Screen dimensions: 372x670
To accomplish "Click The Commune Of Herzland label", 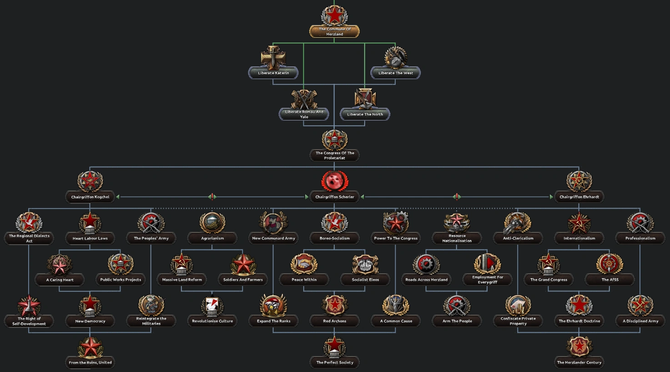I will (x=334, y=31).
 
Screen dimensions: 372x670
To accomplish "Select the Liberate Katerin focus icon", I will (x=273, y=57).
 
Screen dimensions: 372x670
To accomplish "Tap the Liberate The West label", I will (x=396, y=73).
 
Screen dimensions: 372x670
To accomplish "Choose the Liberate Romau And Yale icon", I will (x=304, y=99).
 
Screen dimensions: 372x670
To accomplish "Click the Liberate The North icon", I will (x=365, y=99).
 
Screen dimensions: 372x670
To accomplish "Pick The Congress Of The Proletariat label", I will (x=335, y=156).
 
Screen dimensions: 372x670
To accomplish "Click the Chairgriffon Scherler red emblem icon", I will (x=335, y=181).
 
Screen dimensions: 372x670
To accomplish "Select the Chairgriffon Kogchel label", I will (x=90, y=197).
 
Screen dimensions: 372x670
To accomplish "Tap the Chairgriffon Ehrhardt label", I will (x=579, y=197).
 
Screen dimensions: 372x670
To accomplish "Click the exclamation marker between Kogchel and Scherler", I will (x=212, y=197).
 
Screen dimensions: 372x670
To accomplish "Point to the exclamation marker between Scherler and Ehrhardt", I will (x=457, y=197).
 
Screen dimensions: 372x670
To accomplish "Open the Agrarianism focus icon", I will (x=212, y=223).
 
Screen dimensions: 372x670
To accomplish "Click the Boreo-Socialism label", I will (x=335, y=238).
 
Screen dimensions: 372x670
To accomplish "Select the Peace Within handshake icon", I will (x=304, y=264).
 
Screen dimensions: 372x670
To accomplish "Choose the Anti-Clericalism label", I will (x=518, y=238).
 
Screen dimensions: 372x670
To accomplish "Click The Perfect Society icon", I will (x=335, y=347).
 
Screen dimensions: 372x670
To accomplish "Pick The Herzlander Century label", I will (x=579, y=362).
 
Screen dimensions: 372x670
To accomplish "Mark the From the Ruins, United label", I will (x=90, y=362).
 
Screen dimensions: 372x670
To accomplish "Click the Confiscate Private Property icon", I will (x=518, y=305).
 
